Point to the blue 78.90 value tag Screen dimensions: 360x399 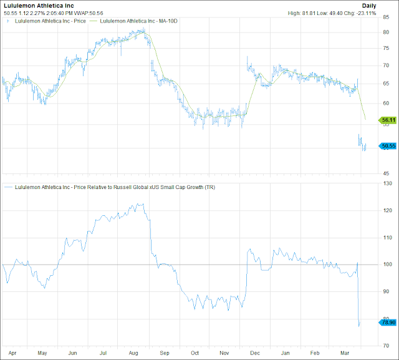click(x=388, y=322)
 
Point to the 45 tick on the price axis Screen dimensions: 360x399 click(x=386, y=173)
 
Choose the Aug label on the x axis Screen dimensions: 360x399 click(x=133, y=353)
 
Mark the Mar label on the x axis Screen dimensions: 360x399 click(x=345, y=353)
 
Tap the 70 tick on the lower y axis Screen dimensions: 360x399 click(x=386, y=345)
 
